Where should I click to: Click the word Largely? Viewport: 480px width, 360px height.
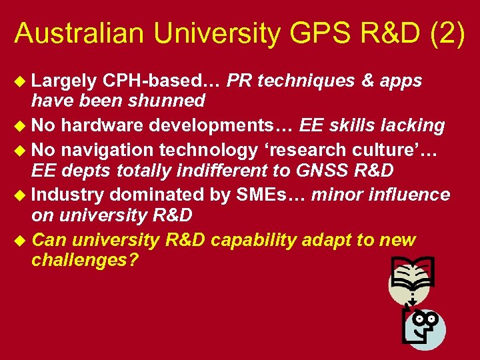(x=63, y=81)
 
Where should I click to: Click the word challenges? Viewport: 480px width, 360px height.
(x=85, y=260)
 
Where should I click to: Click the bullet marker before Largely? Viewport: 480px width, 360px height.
(x=21, y=81)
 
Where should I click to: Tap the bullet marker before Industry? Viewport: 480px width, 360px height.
(x=21, y=195)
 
